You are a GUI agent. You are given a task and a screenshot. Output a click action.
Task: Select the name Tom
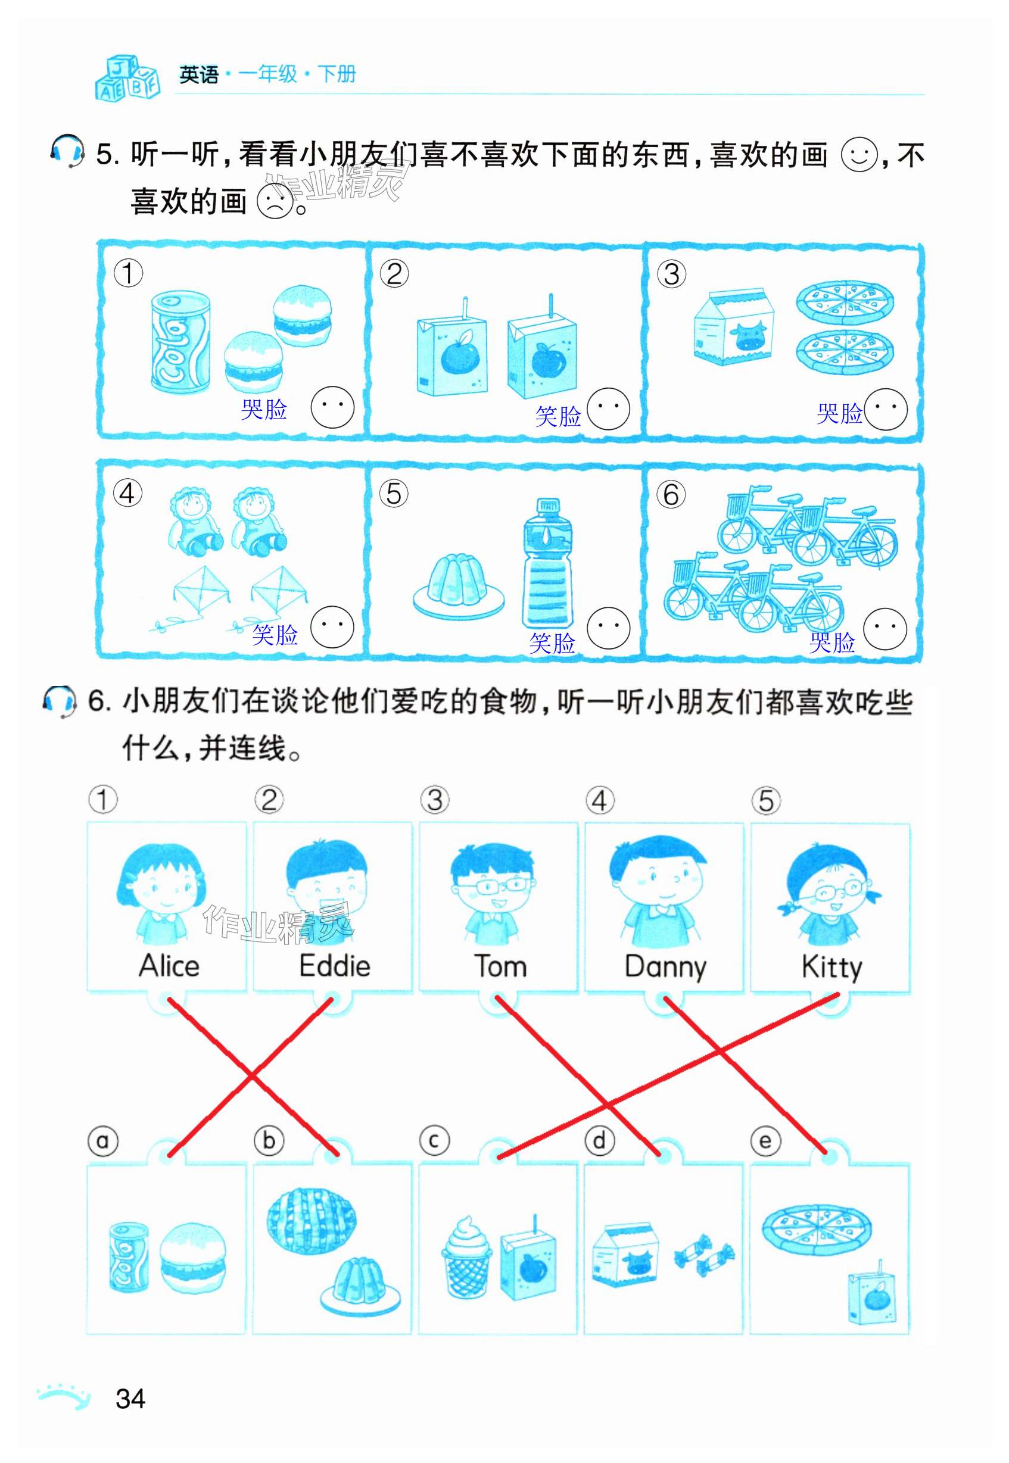pos(500,966)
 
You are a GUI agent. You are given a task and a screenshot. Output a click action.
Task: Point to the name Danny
pos(665,968)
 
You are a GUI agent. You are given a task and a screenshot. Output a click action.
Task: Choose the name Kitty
pos(832,968)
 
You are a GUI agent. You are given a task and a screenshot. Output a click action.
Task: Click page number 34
pos(130,1399)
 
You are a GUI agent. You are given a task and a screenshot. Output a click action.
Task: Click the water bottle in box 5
pos(547,563)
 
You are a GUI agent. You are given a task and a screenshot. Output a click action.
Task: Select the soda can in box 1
pos(180,341)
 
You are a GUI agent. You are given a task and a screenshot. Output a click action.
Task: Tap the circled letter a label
pos(102,1141)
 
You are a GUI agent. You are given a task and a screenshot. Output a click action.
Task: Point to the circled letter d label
pos(599,1141)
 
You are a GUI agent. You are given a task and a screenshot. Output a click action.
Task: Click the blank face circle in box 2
pos(608,409)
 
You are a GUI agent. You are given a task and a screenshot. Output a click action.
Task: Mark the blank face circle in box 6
pos(885,629)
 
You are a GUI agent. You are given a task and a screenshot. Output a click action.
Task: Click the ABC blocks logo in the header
pos(127,78)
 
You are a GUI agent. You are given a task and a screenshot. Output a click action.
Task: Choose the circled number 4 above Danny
pos(599,801)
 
